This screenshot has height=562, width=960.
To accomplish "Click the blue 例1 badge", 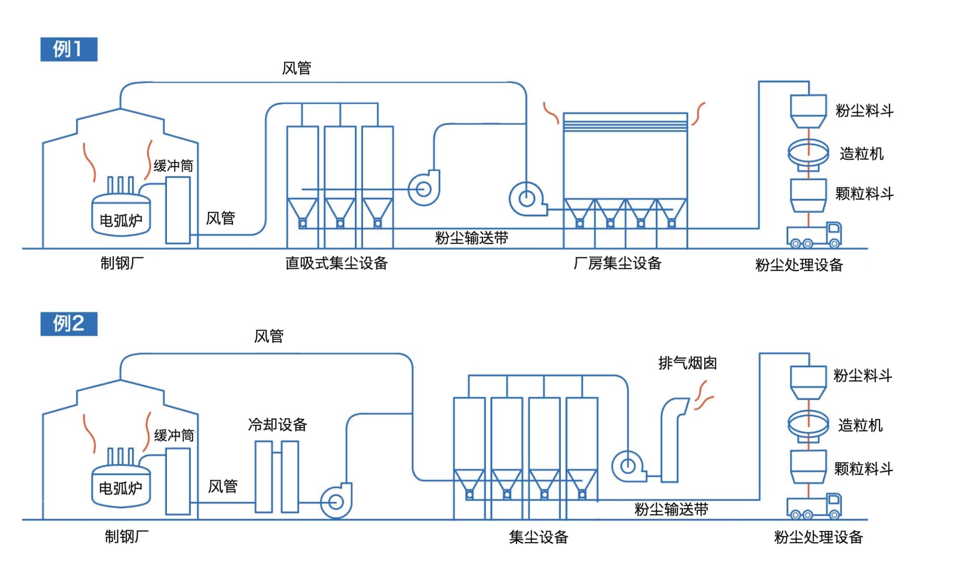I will (68, 50).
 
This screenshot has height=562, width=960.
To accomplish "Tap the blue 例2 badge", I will (68, 323).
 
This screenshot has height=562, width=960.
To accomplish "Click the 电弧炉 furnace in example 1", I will (121, 215).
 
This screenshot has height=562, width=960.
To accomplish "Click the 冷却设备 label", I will (277, 425).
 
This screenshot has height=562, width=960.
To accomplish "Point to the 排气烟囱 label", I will (687, 363).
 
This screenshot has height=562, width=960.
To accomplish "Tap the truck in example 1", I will (813, 235).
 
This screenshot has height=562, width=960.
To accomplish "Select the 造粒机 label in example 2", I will (860, 425).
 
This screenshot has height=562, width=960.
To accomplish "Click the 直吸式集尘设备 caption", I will (337, 263).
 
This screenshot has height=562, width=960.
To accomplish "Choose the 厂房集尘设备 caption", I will (617, 263).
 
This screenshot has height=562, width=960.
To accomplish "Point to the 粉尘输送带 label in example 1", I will (472, 238).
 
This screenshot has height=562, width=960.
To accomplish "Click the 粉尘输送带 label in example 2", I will (671, 509).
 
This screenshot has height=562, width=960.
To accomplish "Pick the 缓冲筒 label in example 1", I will (173, 166).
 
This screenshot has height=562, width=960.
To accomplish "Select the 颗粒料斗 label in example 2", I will (863, 469).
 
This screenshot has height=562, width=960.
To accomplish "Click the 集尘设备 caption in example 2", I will (538, 537).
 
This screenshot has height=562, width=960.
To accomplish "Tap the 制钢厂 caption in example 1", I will (122, 263).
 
